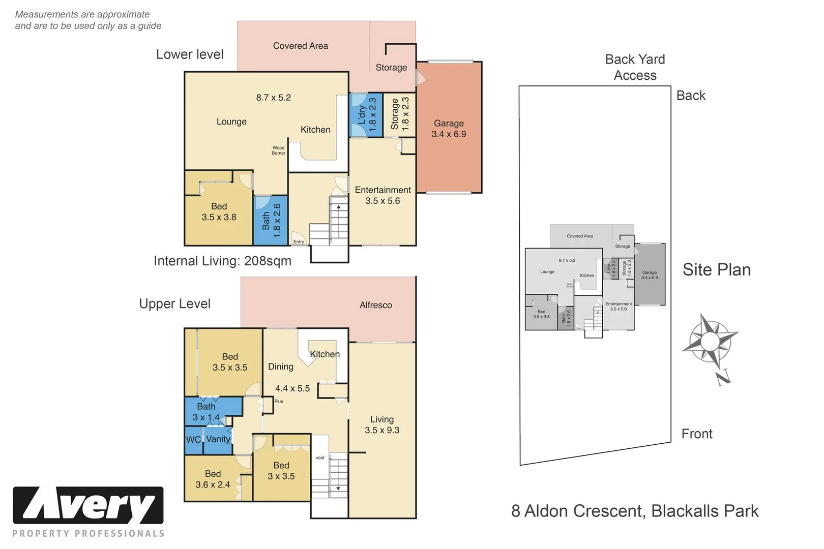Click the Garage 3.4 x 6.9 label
coord(449,129)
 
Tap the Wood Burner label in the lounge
coord(278,150)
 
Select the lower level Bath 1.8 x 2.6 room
coord(271,221)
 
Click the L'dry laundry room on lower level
coord(366,115)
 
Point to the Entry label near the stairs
coord(299,241)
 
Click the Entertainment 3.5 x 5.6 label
coord(382,195)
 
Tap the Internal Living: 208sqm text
coord(222,261)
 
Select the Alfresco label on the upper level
coord(375,305)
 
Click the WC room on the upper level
coord(193,440)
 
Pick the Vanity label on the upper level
coord(218,439)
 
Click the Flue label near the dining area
coord(279,401)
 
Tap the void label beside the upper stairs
coord(320,457)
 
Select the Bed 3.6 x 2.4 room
coord(213,479)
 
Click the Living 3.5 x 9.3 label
coord(381,424)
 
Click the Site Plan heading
coord(716,269)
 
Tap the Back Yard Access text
coord(635,67)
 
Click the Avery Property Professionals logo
coord(89,511)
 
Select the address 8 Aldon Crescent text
coord(634,511)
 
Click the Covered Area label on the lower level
coord(300,46)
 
